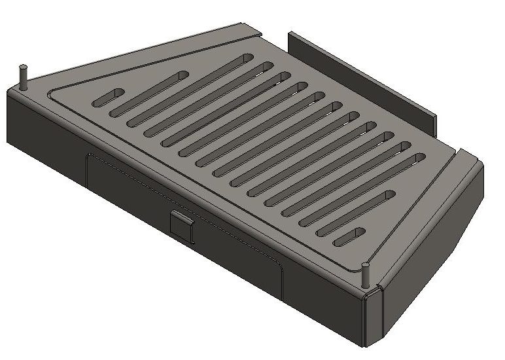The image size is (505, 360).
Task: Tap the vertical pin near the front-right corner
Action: pos(366,275)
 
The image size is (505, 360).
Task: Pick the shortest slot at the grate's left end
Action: pos(109,98)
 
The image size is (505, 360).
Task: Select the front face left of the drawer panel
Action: pos(46,128)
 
